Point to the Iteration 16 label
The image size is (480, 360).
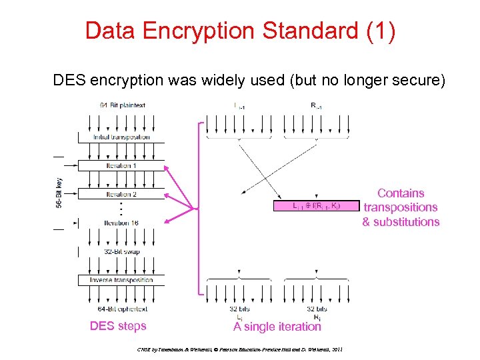pyautogui.click(x=121, y=223)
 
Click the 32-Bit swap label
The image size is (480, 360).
pyautogui.click(x=121, y=251)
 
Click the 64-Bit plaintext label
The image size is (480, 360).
pyautogui.click(x=122, y=105)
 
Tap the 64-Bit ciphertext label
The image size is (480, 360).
pyautogui.click(x=123, y=309)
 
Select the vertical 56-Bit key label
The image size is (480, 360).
pyautogui.click(x=59, y=193)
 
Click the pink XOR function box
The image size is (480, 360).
pyautogui.click(x=307, y=207)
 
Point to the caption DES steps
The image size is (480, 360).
pyautogui.click(x=118, y=326)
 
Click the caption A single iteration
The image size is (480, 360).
pyautogui.click(x=277, y=327)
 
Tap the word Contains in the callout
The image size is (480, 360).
pyautogui.click(x=401, y=193)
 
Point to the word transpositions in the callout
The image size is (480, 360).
pyautogui.click(x=401, y=207)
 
